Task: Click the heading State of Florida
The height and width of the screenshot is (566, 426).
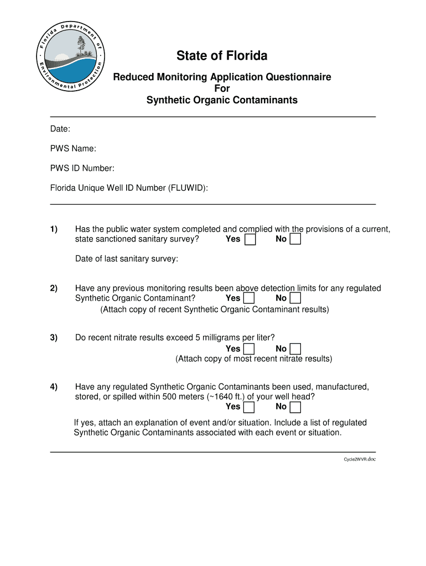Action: [x=222, y=56]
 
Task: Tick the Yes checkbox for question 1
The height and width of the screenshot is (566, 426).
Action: [x=250, y=239]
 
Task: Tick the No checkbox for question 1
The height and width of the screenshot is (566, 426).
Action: [x=295, y=239]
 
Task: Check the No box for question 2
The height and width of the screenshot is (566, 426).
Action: [x=295, y=298]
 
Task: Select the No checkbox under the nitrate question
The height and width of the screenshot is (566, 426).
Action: [x=295, y=349]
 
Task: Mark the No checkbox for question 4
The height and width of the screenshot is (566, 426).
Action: [x=295, y=407]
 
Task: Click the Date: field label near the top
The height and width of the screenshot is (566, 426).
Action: [x=60, y=129]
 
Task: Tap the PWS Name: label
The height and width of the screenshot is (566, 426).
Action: [x=73, y=149]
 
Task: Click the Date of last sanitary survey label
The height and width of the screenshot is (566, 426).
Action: [x=127, y=259]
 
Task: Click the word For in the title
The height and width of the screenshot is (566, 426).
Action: [x=222, y=88]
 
